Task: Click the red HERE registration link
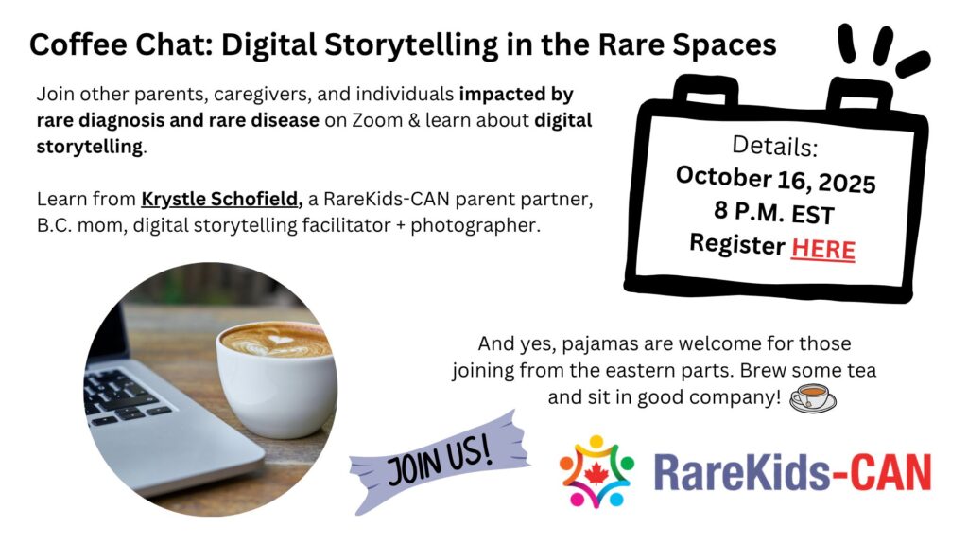pos(823,250)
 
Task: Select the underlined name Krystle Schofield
pos(221,199)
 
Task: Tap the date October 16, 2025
pos(775,179)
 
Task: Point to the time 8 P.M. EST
pos(774,213)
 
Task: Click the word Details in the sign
pos(774,146)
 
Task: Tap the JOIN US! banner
pos(440,462)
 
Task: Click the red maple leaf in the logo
pos(596,473)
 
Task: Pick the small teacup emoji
pos(813,397)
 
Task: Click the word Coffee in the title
pos(78,45)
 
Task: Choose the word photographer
pos(475,225)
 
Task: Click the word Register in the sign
pos(737,243)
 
